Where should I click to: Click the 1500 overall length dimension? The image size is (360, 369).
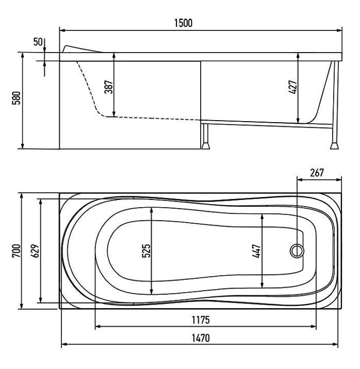[x=183, y=23]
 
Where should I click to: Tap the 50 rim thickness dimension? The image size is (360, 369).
[x=38, y=42]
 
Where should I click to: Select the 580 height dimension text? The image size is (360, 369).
[x=17, y=98]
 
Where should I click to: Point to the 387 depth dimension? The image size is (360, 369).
[x=109, y=87]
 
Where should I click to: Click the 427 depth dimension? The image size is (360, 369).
[x=293, y=87]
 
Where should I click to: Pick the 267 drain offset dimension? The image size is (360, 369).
[x=317, y=173]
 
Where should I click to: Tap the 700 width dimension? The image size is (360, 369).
[x=16, y=251]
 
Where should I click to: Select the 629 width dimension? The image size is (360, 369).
[x=35, y=251]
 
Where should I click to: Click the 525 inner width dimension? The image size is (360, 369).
[x=146, y=251]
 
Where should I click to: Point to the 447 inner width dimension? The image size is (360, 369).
[x=257, y=251]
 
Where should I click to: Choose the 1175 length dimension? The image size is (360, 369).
[x=201, y=320]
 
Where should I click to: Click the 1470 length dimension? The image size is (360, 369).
[x=201, y=338]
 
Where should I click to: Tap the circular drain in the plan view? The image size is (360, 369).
[x=297, y=251]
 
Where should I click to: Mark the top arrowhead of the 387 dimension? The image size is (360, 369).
[x=114, y=56]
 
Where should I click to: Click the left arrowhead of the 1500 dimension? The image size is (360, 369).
[x=62, y=30]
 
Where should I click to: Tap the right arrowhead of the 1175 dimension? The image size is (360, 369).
[x=313, y=327]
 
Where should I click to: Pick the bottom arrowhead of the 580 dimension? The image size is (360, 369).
[x=23, y=146]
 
